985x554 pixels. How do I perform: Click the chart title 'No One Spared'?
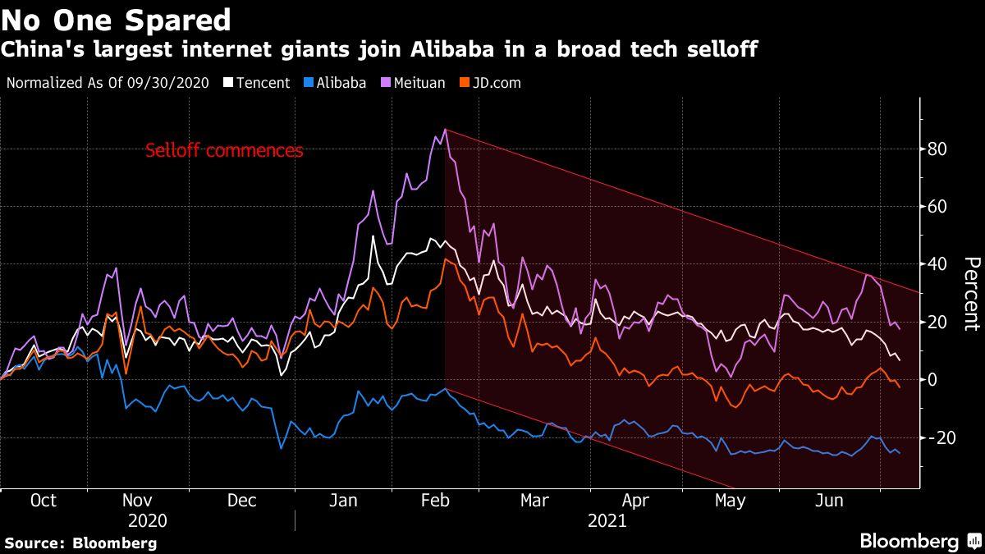coord(116,18)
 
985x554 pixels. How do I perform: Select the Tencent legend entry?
coord(257,83)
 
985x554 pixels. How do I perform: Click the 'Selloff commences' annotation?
coord(224,151)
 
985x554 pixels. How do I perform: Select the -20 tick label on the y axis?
coord(936,437)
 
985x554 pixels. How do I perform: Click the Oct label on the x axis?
coord(43,501)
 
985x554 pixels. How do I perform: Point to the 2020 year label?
coord(148,521)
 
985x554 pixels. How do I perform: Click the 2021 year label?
coord(607,521)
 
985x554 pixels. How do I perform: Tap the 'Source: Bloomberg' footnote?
coord(80,543)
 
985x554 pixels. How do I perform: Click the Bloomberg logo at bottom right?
coord(919,541)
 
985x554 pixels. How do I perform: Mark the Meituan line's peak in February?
coord(445,129)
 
